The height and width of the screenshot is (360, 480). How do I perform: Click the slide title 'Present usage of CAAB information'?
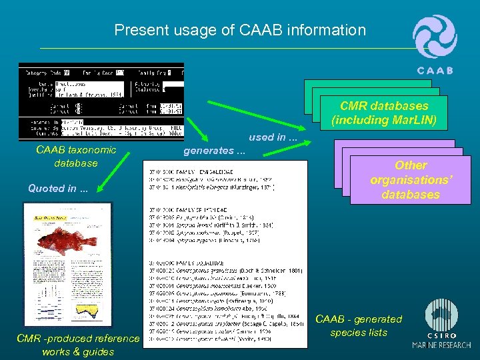click(240, 30)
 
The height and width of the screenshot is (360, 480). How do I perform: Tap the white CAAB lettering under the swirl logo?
click(435, 71)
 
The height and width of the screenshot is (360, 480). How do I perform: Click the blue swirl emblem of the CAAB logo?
click(435, 37)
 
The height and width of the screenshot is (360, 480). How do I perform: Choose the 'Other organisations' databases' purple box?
click(410, 179)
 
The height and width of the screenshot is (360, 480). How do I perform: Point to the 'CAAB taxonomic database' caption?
click(76, 157)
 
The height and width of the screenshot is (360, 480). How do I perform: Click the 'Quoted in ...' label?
click(57, 188)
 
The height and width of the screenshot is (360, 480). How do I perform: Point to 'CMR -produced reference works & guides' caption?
click(77, 345)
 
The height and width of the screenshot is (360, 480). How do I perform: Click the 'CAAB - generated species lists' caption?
click(359, 326)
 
